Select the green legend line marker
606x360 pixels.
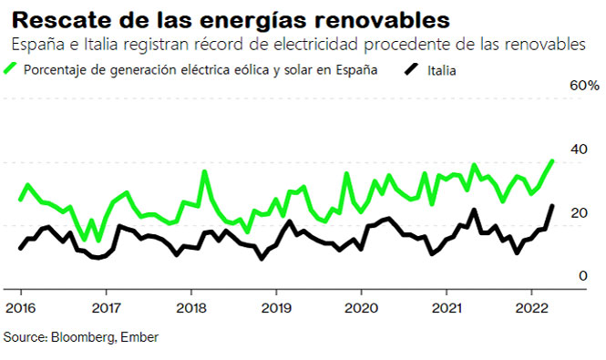coord(12,69)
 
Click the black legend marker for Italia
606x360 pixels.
coord(411,69)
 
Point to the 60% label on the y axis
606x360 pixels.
coord(584,86)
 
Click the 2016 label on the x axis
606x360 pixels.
coord(21,307)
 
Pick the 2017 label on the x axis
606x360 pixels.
coord(106,307)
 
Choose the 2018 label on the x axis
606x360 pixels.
coord(190,307)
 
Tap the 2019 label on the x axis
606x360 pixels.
coord(275,307)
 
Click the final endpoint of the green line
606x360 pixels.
coord(552,161)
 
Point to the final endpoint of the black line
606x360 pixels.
coord(552,206)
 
